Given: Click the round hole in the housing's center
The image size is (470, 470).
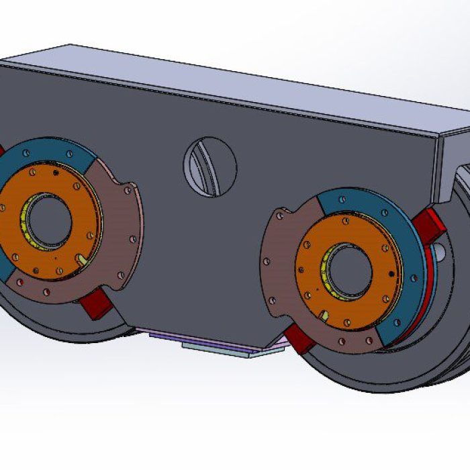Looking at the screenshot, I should coord(210,167).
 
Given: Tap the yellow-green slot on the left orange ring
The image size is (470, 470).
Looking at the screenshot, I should coord(82,258).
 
